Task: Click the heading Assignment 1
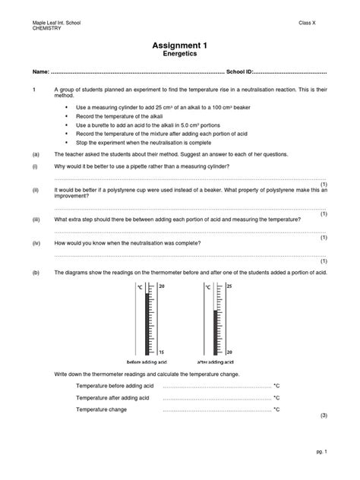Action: coord(180,46)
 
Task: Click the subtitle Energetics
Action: coord(180,56)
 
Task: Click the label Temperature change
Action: coord(101,409)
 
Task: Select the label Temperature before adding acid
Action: coord(115,386)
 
